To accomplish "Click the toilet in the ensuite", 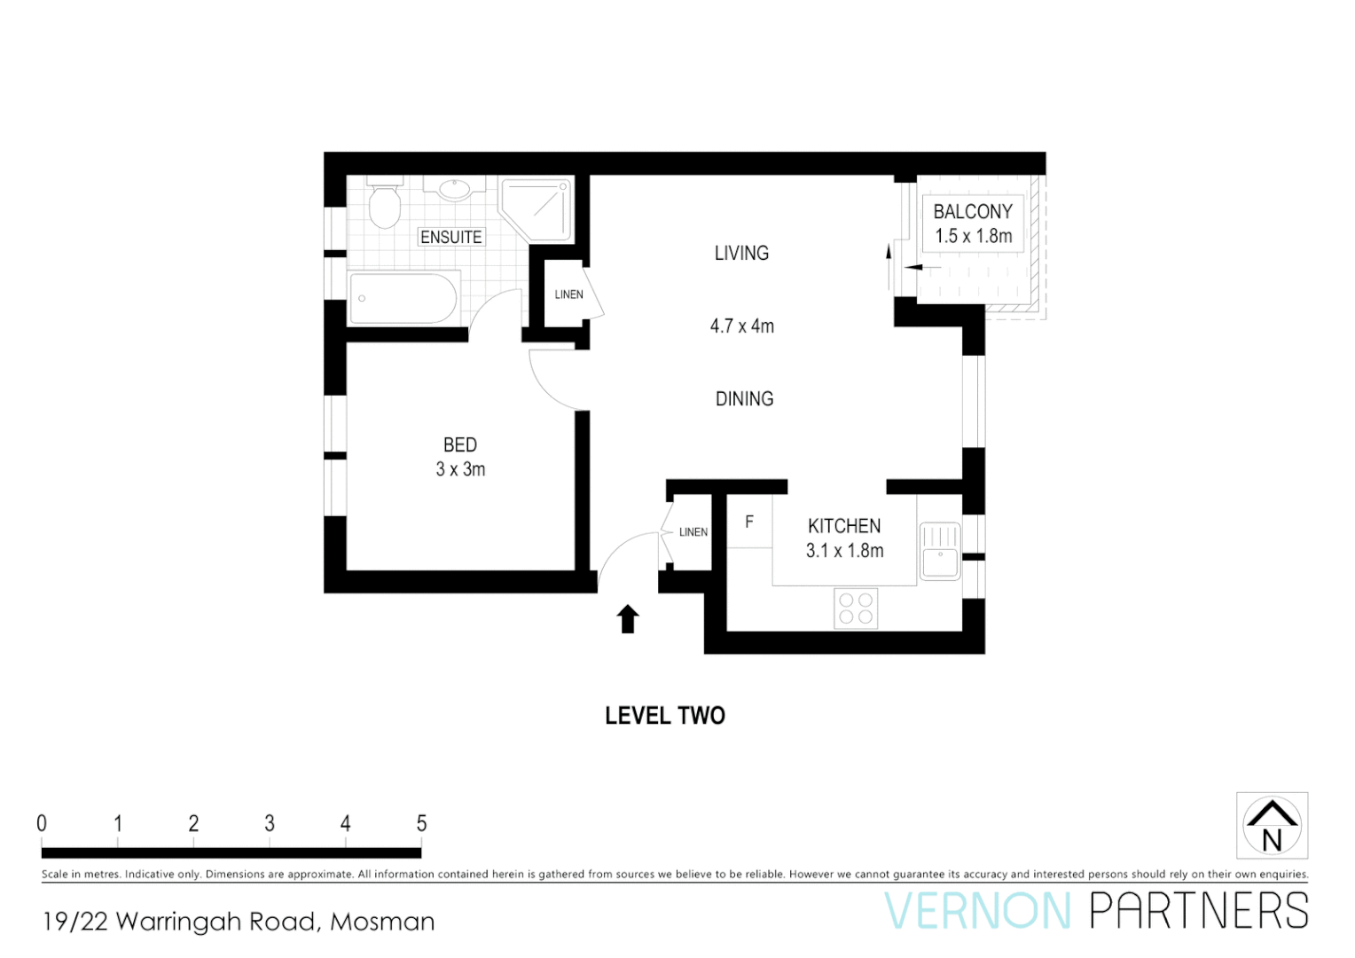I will [x=384, y=207].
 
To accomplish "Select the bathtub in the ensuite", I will [x=403, y=298].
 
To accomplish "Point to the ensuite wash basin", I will [x=454, y=188].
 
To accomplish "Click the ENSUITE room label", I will [x=451, y=237].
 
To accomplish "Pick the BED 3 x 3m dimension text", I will [x=460, y=469].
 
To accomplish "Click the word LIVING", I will [x=741, y=253].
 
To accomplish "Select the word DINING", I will [x=744, y=399].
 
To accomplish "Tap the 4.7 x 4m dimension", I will [x=741, y=326].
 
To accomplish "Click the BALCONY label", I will [x=972, y=212].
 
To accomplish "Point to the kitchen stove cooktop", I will [x=856, y=609].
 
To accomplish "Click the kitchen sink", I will [x=939, y=552].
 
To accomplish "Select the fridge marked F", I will [x=749, y=522].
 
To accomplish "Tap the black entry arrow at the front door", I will [x=628, y=618].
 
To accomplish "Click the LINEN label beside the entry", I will [x=693, y=532].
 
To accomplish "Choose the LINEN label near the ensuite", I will [x=568, y=294].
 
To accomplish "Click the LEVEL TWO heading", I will [x=664, y=716].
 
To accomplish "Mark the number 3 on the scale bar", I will [x=270, y=823].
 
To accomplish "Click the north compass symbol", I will [x=1272, y=826].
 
